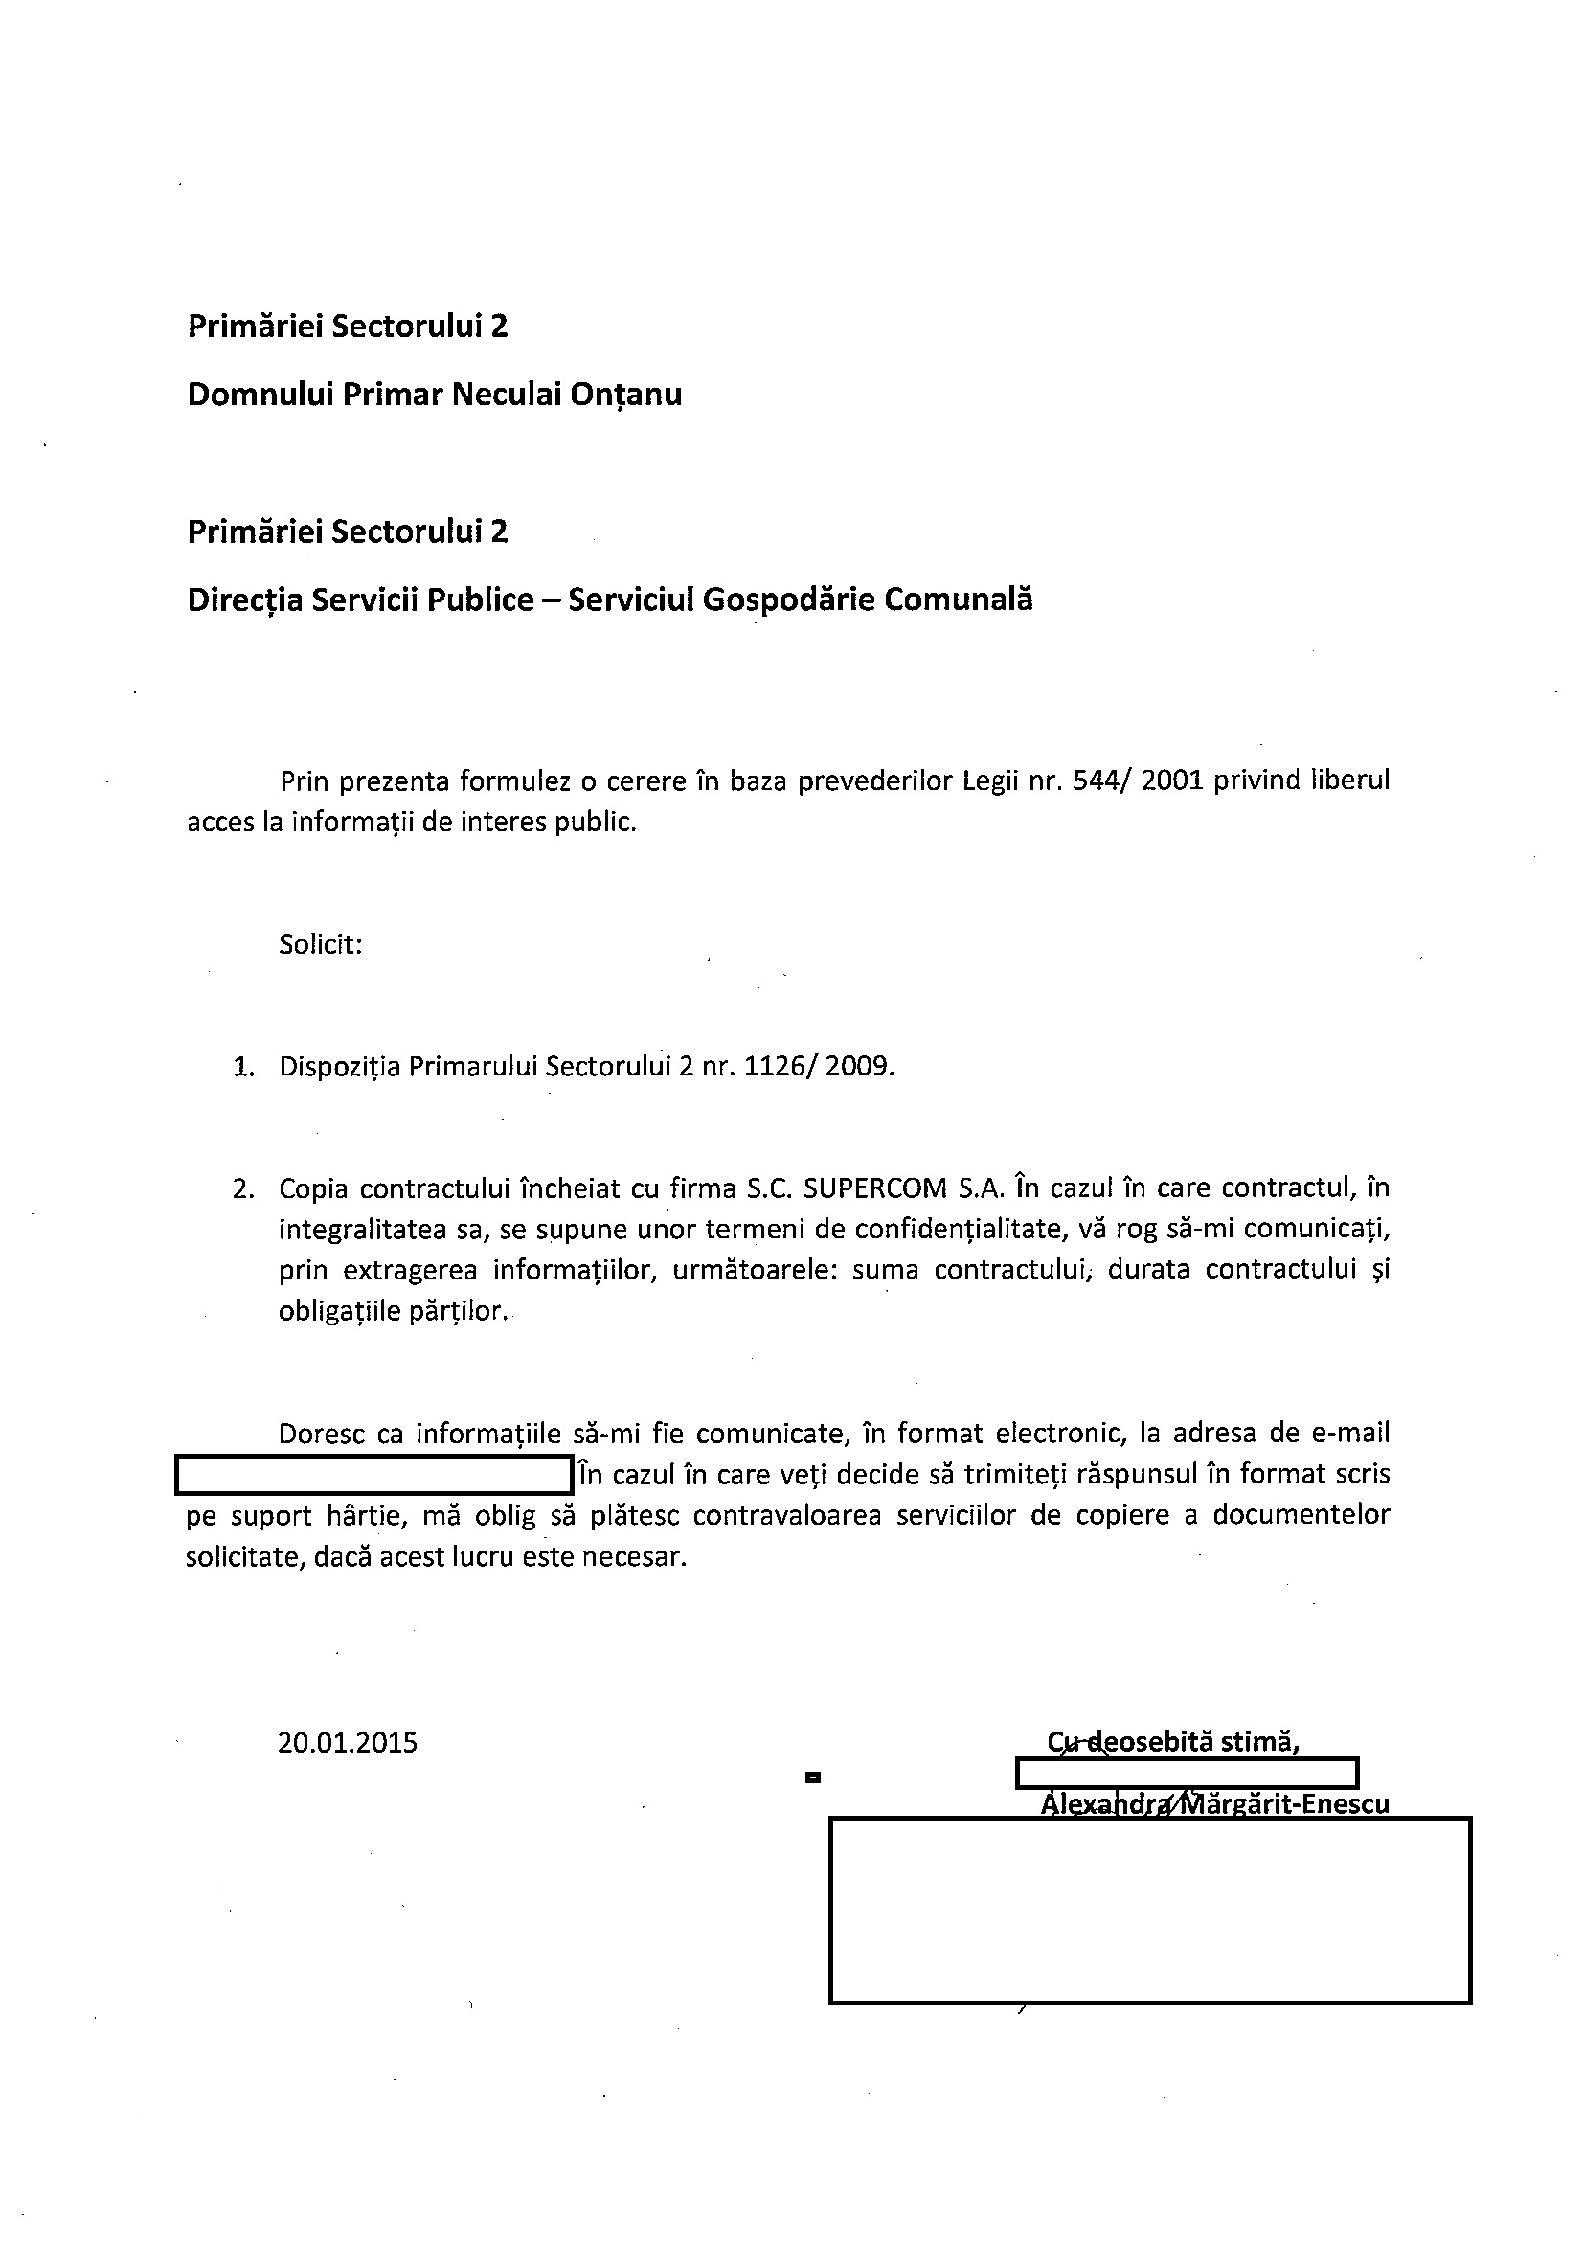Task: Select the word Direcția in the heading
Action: pyautogui.click(x=244, y=600)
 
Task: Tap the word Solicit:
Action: pyautogui.click(x=321, y=944)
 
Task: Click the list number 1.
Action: pyautogui.click(x=243, y=1067)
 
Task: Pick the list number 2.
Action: pyautogui.click(x=243, y=1188)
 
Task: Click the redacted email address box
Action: pyautogui.click(x=373, y=1474)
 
